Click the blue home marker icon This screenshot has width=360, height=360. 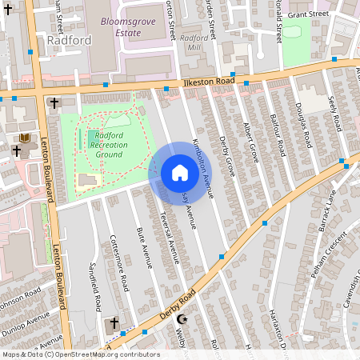(x=179, y=173)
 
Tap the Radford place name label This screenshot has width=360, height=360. (x=64, y=39)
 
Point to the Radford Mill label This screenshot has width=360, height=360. (x=193, y=42)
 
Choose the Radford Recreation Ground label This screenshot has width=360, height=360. (x=102, y=144)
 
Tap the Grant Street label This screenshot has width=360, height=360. (x=308, y=14)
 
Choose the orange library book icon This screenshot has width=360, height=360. (x=24, y=138)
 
